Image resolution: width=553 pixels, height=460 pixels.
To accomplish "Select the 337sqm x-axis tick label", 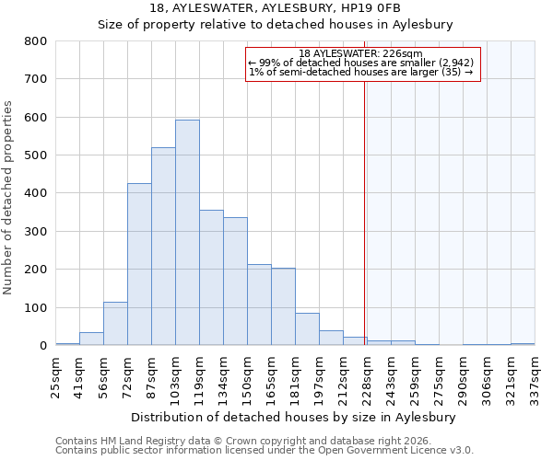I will pos(535,376).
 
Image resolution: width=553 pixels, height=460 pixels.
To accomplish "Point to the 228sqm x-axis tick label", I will pos(367,376).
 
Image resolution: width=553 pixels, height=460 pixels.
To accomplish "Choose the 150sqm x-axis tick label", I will pos(247,376).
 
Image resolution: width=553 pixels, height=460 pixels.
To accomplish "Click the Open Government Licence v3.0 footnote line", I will pos(265,451).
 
